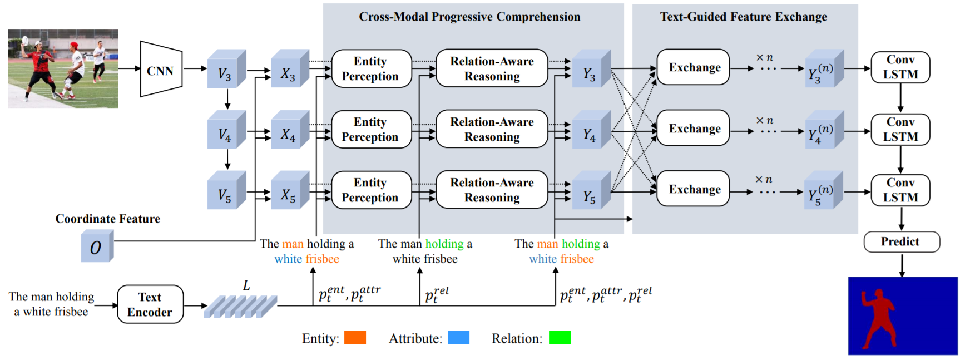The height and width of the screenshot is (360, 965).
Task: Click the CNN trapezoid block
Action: coord(161,70)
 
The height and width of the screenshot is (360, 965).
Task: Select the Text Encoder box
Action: coord(150,304)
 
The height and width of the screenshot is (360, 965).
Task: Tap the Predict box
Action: coord(901,242)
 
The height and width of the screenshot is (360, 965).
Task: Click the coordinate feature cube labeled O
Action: coord(97,246)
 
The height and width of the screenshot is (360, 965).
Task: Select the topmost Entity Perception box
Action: coord(371,68)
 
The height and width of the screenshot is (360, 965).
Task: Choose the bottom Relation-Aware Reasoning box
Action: coord(492,190)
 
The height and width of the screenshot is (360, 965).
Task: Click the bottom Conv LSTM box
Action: coord(900,190)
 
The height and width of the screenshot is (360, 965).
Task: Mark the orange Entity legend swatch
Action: coord(355,338)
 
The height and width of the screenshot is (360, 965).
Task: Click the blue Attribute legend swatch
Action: coord(458,338)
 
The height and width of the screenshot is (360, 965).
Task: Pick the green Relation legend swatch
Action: coord(559,338)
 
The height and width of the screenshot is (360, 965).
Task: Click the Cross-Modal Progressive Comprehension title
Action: coord(469,17)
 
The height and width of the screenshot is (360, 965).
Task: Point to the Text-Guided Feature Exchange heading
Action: coord(743,17)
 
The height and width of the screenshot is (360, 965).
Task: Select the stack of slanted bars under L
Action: coord(240,306)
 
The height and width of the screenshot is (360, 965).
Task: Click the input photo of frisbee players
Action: coord(63,68)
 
